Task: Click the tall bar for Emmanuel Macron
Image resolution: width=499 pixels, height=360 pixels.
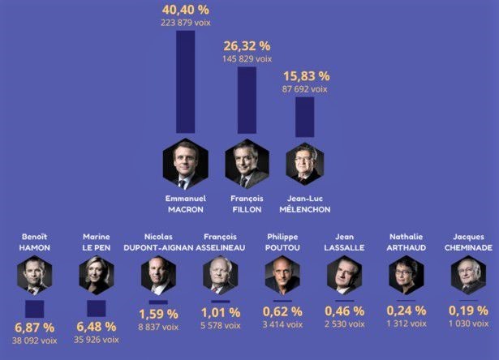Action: click(x=185, y=81)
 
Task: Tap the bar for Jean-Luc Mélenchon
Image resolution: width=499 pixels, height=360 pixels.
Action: click(x=305, y=117)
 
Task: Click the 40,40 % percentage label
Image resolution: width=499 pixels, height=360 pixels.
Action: click(x=185, y=9)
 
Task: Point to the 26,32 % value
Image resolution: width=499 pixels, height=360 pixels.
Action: click(x=247, y=46)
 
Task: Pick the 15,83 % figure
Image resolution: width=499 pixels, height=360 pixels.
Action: click(x=305, y=76)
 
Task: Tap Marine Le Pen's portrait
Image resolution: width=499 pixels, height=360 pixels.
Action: click(x=96, y=275)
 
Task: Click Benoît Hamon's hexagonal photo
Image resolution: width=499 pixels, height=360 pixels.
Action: click(x=34, y=275)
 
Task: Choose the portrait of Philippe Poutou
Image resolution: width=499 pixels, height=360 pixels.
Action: click(x=282, y=275)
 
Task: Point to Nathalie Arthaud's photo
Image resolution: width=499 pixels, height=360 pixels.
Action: click(x=405, y=275)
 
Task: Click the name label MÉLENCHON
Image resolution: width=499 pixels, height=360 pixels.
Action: click(x=305, y=210)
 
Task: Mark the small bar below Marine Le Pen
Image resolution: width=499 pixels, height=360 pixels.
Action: click(x=96, y=308)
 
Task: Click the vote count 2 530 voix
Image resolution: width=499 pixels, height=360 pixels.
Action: click(x=343, y=325)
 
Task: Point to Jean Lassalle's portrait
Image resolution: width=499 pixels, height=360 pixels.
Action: click(x=343, y=275)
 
